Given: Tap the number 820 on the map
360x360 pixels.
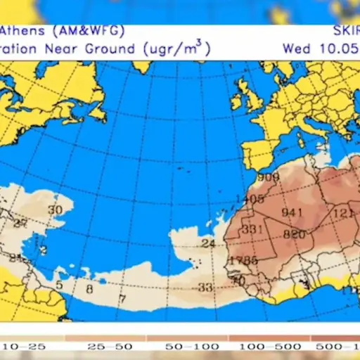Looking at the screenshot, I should pos(294,234).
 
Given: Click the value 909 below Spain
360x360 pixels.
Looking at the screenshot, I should pos(268,177).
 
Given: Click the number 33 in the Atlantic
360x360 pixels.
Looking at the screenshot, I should pos(205,287).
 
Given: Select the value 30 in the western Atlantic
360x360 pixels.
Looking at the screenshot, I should pos(55,210).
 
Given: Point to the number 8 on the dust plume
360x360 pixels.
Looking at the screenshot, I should pos(89,288).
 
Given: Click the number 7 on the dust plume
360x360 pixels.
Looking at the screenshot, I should pos(122,298).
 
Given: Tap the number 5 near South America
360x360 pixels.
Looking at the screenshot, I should pos(59,284).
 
